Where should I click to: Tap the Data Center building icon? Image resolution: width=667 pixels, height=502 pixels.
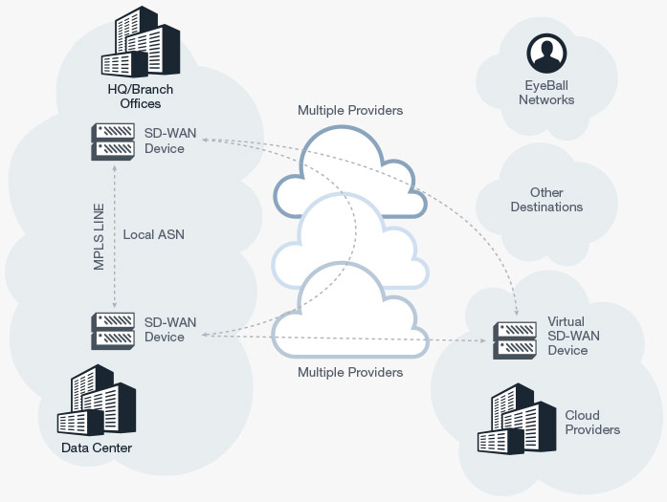click(x=97, y=402)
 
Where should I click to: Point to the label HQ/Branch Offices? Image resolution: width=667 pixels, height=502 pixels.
click(x=134, y=97)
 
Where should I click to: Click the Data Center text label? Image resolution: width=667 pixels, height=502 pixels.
click(x=97, y=448)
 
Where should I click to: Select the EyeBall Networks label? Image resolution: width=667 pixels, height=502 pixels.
click(x=546, y=93)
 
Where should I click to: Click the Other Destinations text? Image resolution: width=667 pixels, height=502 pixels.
click(x=546, y=199)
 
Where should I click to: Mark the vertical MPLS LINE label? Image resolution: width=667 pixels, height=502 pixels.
click(x=99, y=235)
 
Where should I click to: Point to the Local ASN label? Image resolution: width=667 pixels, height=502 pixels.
click(x=154, y=233)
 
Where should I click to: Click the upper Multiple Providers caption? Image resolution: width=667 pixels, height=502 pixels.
click(x=350, y=110)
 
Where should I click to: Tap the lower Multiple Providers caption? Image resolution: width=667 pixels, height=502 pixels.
click(x=350, y=372)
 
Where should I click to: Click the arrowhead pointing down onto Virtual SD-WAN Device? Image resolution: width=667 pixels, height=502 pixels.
click(x=516, y=312)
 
